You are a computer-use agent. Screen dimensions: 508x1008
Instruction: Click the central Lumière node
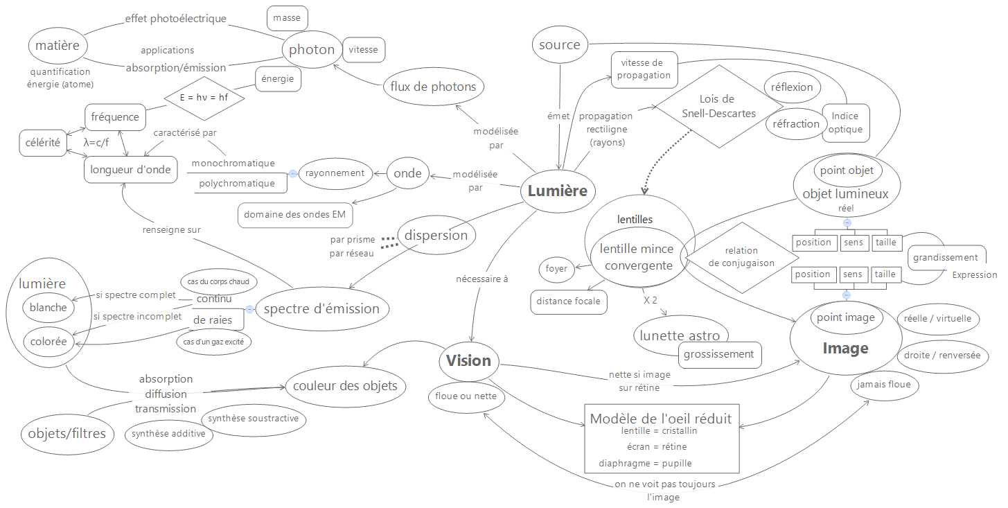click(557, 191)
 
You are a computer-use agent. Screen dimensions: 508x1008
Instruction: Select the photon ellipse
click(312, 50)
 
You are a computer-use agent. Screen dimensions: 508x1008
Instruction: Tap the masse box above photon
click(287, 19)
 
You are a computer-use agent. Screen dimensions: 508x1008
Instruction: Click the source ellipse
click(559, 45)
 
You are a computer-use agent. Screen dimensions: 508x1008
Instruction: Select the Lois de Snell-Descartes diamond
click(718, 106)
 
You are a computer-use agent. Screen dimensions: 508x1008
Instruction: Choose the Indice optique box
click(846, 123)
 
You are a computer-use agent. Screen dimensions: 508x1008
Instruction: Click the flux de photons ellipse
click(433, 87)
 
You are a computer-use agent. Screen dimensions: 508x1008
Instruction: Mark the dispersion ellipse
click(436, 235)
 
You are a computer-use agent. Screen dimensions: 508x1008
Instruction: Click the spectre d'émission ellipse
click(321, 308)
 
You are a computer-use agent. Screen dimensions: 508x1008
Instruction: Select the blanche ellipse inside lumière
click(48, 308)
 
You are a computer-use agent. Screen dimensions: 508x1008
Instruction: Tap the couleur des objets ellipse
click(345, 385)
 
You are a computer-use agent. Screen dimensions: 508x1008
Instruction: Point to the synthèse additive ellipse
click(168, 434)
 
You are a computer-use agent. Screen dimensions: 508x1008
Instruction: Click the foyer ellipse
click(556, 269)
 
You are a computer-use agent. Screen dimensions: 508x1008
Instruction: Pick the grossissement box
click(718, 354)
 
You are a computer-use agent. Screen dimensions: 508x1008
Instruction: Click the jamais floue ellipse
click(885, 385)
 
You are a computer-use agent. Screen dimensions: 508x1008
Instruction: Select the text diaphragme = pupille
click(645, 463)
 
